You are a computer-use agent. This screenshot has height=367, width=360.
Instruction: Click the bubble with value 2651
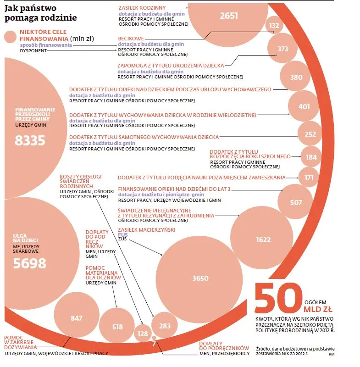[x=229, y=16]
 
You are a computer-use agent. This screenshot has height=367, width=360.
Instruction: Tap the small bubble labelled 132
[x=274, y=26]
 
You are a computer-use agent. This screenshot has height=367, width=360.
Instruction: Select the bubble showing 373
[x=283, y=49]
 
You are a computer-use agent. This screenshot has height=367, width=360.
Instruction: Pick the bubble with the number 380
[x=296, y=78]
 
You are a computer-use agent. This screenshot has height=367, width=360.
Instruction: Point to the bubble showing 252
[x=310, y=134]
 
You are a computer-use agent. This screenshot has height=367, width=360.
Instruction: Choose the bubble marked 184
[x=311, y=157]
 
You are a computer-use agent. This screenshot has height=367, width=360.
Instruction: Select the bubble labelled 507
[x=296, y=202]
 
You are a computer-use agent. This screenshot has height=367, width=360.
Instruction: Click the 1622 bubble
[x=263, y=239]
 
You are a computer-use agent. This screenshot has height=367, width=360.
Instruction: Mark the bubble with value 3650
[x=200, y=278]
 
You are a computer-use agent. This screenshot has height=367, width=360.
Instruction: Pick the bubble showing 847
[x=77, y=317]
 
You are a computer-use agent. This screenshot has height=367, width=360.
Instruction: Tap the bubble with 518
[x=117, y=327]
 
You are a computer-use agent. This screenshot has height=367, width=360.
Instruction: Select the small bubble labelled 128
[x=143, y=334]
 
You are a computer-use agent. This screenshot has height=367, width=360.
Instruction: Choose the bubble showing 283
[x=164, y=326]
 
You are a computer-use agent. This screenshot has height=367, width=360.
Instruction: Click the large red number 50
[x=276, y=299]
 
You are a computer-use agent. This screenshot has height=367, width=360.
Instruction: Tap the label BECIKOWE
[x=131, y=39]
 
